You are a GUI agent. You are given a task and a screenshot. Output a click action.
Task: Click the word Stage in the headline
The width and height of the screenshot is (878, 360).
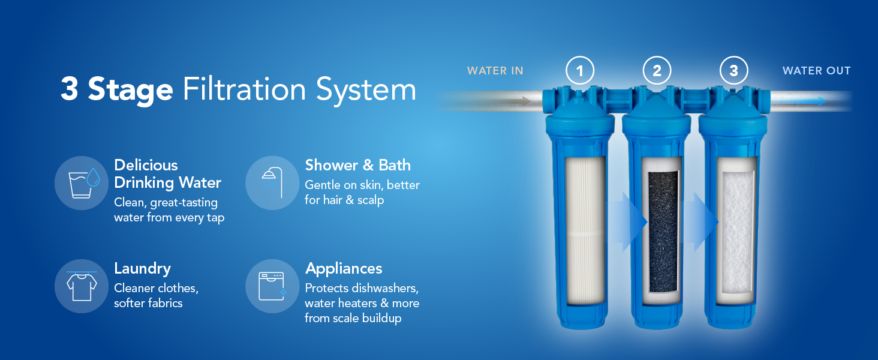pos(130,90)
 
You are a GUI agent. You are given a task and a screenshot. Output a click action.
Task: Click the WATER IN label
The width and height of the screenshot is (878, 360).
pos(495,71)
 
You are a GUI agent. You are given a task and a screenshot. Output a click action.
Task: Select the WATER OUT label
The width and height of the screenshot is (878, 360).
pos(816,71)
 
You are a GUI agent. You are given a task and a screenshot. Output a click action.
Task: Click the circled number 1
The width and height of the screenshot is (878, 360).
pos(580,71)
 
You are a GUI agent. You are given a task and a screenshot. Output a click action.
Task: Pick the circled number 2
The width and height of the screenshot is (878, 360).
pos(657,71)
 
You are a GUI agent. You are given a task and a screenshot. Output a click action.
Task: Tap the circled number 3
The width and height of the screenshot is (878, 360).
pos(733,71)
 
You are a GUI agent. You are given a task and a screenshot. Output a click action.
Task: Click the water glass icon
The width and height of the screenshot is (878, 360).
pos(82,183)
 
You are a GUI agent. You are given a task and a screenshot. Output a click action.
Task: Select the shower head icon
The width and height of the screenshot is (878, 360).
pos(272,183)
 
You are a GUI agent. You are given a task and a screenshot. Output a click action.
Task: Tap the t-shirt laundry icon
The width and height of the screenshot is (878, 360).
pos(82,286)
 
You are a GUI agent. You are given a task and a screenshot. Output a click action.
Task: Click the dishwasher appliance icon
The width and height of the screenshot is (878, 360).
pos(272,286)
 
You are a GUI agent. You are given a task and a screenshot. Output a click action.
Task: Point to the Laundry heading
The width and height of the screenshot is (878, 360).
pos(142,268)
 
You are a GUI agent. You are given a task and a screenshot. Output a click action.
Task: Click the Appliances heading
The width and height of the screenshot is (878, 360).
pos(344,268)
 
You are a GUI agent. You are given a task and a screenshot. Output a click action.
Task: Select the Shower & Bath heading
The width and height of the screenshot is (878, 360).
pos(357,165)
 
